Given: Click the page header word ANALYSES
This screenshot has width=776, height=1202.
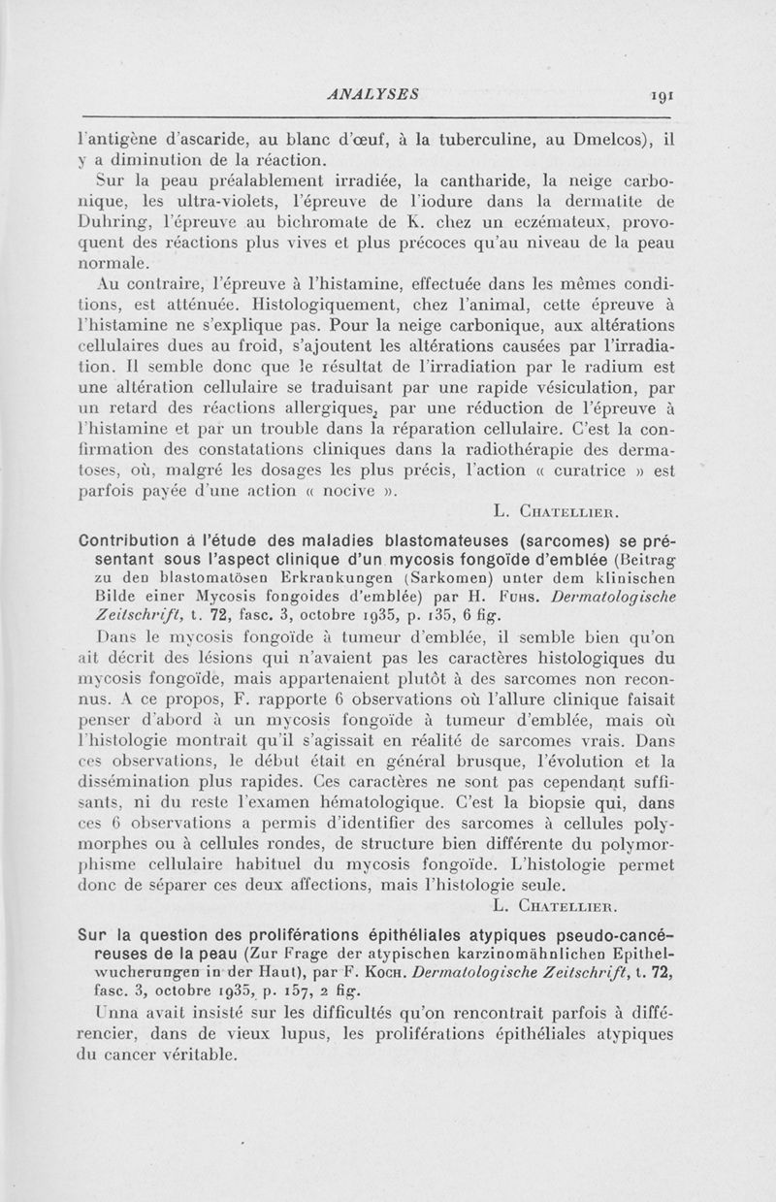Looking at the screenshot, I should pyautogui.click(x=373, y=95).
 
